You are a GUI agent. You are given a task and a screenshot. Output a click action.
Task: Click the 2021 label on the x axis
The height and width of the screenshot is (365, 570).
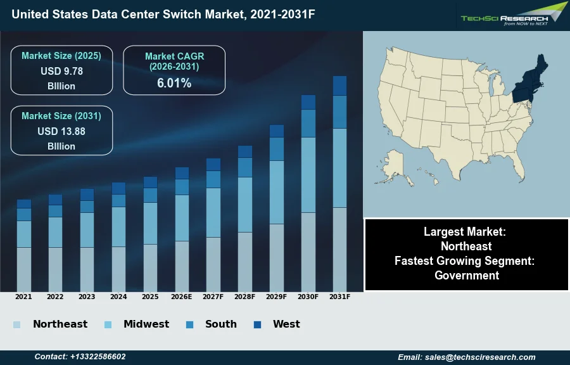click(23, 297)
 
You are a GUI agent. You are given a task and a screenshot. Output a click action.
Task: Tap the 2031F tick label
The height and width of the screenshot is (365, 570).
click(339, 297)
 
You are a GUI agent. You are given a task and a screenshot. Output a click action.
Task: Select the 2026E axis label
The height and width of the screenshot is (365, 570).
click(182, 297)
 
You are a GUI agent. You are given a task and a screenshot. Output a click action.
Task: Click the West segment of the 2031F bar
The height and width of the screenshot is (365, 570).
click(339, 86)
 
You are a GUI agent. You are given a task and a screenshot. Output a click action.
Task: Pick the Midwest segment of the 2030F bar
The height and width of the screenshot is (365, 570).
click(308, 174)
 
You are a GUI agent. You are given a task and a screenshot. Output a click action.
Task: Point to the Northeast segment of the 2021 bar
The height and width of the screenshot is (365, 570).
click(24, 269)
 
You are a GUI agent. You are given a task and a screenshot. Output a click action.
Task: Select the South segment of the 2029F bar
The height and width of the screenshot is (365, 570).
click(277, 149)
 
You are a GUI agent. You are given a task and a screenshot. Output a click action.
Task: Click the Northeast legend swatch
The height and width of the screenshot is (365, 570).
click(16, 325)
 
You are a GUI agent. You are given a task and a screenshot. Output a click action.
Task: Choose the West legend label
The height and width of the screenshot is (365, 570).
click(286, 324)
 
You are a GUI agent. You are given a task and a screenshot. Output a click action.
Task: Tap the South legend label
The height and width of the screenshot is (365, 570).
click(220, 324)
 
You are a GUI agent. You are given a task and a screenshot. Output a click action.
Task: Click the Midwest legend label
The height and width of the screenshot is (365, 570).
click(146, 324)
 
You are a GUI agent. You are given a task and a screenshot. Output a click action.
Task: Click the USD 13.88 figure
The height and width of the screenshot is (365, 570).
click(61, 131)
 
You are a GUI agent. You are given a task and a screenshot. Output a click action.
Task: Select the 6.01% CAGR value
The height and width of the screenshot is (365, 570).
click(174, 83)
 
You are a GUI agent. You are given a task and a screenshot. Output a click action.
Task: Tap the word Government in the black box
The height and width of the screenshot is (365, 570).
click(467, 275)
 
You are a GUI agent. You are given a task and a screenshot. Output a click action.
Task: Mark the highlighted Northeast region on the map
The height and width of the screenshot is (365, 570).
click(529, 86)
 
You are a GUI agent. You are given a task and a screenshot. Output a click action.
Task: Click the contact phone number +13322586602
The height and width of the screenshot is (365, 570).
click(80, 357)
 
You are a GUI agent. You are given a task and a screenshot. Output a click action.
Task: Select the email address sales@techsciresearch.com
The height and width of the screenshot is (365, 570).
click(466, 357)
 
